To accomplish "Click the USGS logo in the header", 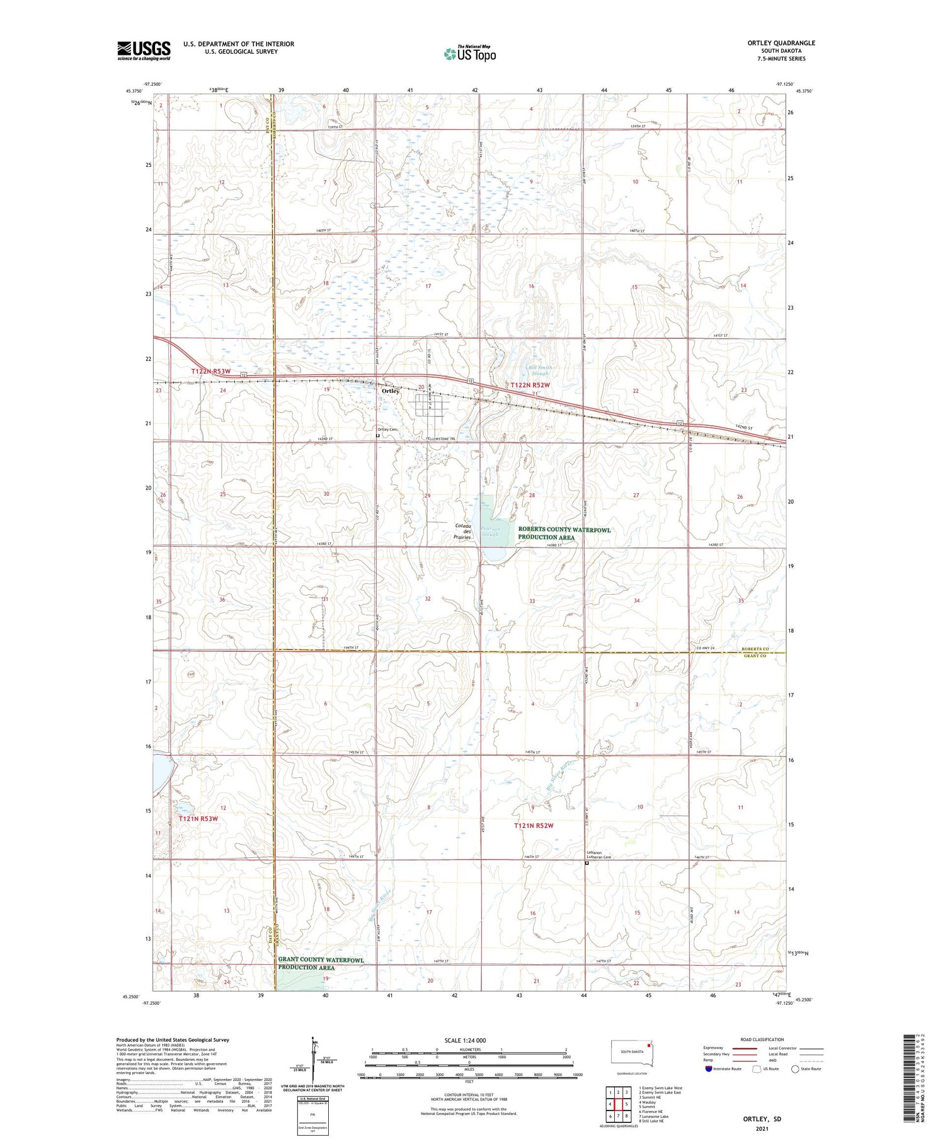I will coord(144,50).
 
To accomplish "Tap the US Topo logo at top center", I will coord(469,54).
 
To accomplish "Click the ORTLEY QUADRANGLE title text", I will coord(781,43).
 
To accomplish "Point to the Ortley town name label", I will coord(391,391).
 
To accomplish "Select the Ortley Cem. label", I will coord(387,430).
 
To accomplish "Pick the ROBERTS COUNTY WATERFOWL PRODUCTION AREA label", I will coord(564,534).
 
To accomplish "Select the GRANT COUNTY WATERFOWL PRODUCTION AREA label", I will coord(321,964).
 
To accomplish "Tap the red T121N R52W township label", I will coord(532,826).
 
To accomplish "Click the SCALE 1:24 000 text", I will coord(465,1040).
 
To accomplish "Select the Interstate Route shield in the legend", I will coord(709,1068).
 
